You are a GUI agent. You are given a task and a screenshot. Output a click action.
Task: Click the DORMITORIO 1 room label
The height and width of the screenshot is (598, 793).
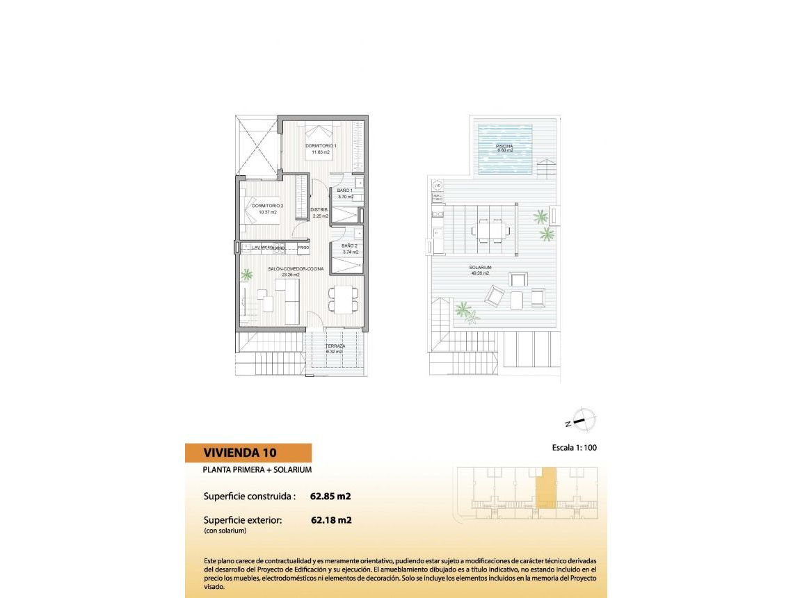(321, 146)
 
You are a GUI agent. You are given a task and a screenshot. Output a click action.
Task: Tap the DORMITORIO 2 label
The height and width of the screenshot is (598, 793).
(267, 207)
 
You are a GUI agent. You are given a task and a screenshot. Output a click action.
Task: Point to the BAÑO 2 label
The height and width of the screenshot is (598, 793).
(350, 246)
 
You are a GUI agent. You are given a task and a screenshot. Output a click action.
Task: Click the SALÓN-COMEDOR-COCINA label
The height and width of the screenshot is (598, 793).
(296, 269)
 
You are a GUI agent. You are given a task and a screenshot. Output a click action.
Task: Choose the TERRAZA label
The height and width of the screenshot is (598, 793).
(335, 346)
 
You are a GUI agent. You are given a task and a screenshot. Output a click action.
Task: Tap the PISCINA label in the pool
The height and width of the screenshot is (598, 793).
(504, 146)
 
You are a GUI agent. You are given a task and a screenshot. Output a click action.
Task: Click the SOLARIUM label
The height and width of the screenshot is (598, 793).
(480, 268)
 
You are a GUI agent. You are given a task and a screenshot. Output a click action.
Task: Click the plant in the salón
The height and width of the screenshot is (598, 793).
(247, 275)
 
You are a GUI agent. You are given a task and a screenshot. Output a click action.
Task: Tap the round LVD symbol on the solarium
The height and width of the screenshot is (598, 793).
(438, 186)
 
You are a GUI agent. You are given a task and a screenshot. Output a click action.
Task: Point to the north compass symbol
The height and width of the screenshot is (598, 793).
(582, 420)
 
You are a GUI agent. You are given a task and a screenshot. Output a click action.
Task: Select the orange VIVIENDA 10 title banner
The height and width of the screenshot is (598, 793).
(248, 453)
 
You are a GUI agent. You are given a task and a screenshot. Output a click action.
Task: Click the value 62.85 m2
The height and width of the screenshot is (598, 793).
(330, 496)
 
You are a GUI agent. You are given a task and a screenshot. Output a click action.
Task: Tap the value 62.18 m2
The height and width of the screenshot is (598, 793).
(330, 519)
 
